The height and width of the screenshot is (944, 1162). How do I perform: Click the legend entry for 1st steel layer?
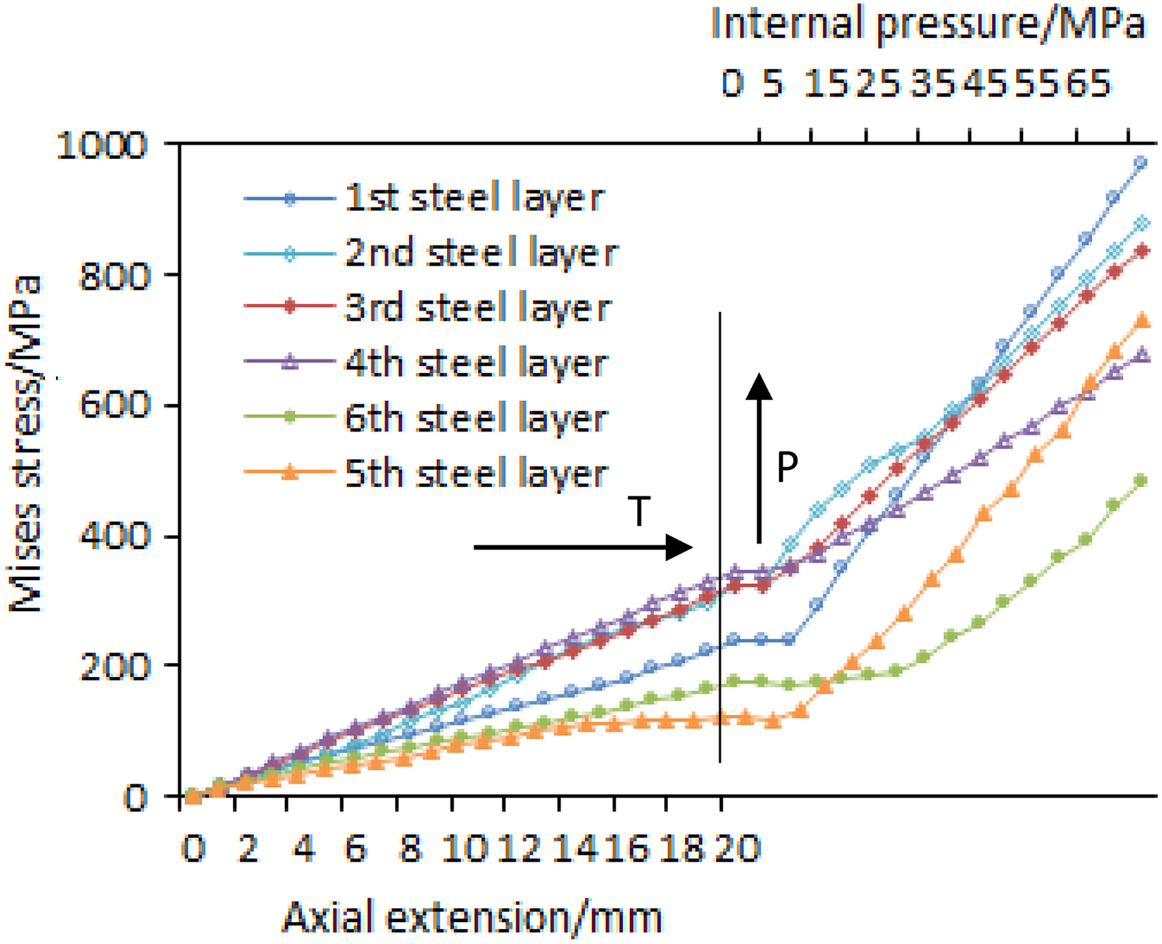click(424, 199)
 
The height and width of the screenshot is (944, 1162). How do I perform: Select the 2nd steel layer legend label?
click(430, 253)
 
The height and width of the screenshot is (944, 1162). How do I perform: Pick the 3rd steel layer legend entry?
click(427, 308)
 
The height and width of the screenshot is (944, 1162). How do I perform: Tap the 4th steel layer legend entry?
click(426, 363)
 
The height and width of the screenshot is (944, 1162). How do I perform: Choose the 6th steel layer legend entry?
click(426, 418)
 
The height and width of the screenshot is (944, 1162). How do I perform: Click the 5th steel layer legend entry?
click(426, 473)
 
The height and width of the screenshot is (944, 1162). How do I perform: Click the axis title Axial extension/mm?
click(472, 918)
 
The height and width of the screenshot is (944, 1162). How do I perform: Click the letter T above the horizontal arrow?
click(640, 511)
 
